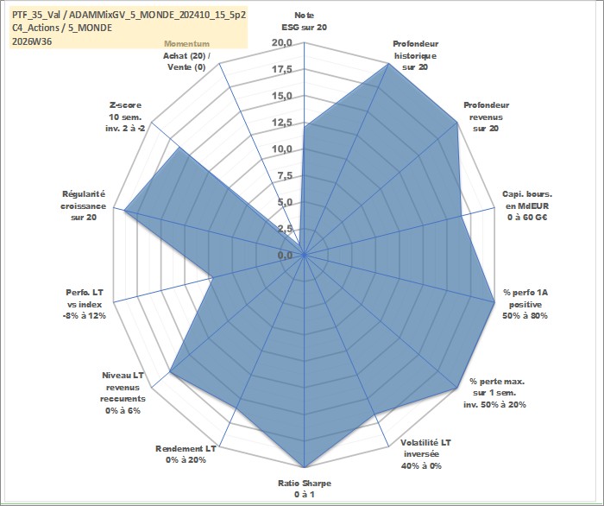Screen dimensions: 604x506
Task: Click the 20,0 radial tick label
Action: (x=282, y=43)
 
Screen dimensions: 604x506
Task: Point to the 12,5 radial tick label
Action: (x=282, y=123)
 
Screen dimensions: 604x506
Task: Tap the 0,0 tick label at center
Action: (x=286, y=255)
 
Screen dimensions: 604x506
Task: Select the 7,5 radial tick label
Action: (x=286, y=176)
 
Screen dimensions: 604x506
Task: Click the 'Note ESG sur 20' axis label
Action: (x=305, y=22)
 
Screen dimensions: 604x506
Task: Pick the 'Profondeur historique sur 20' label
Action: (x=415, y=55)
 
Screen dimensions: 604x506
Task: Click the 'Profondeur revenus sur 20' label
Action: (x=486, y=117)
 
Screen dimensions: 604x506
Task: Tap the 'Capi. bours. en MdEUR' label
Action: (x=527, y=200)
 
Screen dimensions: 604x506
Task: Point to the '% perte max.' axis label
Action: (x=497, y=382)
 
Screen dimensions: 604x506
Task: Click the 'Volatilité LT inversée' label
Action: (x=425, y=448)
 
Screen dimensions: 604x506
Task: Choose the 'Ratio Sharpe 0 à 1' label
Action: (x=305, y=489)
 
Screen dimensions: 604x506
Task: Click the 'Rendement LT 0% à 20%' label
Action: (x=186, y=454)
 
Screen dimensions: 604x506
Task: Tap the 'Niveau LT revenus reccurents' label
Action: (x=123, y=387)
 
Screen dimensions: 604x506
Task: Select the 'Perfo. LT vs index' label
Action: (x=85, y=299)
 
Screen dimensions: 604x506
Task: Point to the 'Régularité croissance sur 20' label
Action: (x=83, y=206)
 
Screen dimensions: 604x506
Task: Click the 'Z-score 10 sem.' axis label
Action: (x=126, y=111)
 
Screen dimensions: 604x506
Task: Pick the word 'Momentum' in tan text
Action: (x=187, y=44)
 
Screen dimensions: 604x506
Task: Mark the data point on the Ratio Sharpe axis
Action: (x=305, y=467)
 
